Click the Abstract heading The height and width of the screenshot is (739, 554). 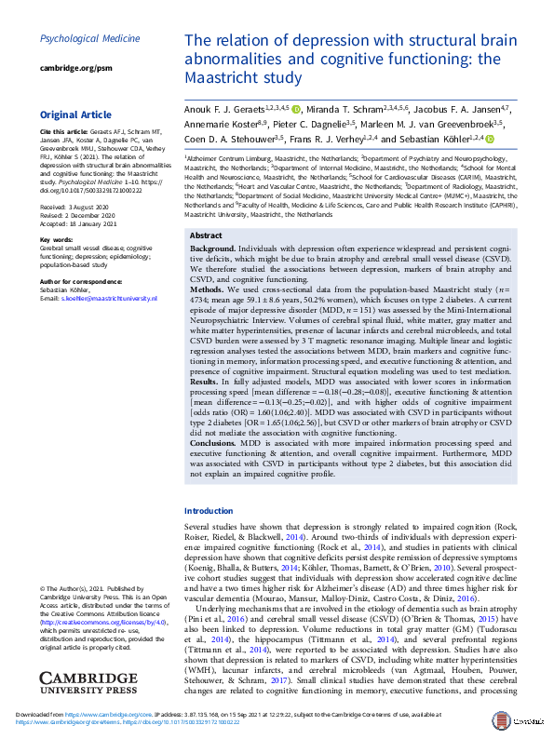pos(206,236)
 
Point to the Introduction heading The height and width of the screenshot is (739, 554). pos(209,511)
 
